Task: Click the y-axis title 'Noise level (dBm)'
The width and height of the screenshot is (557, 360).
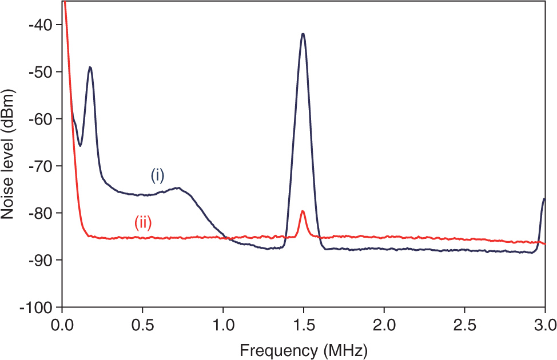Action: pos(8,154)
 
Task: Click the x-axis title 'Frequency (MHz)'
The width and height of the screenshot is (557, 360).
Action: pos(304,349)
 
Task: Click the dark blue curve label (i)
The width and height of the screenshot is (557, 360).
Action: pos(157,175)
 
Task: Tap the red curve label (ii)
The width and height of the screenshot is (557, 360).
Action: pos(143,223)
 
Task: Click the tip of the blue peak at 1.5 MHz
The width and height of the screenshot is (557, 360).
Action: pos(303,34)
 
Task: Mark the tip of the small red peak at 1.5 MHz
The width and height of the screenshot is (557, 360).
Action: pos(303,211)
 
